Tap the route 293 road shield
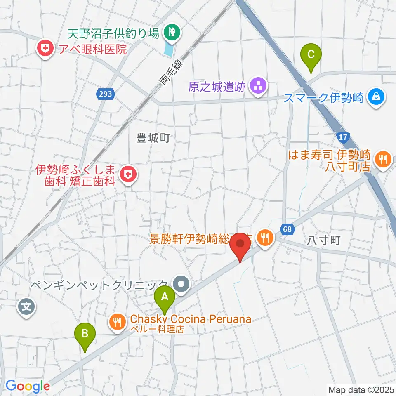click(105, 94)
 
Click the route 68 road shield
click(288, 228)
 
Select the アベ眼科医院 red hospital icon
click(46, 49)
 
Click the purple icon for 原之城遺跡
click(258, 87)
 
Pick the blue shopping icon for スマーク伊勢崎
click(376, 98)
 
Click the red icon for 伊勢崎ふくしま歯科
click(128, 175)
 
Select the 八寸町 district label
click(324, 240)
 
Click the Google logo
click(28, 387)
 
